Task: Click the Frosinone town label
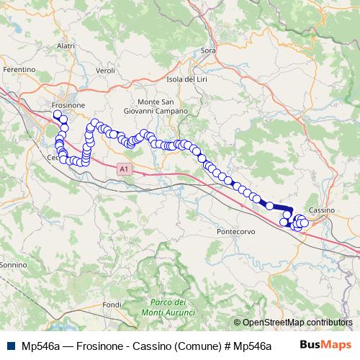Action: pos(69,105)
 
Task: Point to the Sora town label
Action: pos(209,50)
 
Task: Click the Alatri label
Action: pos(66,45)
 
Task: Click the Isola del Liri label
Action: pos(186,78)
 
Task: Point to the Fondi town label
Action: pos(112,305)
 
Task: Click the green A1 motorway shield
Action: pos(124,168)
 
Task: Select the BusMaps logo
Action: pos(324,346)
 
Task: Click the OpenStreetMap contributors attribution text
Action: pos(297,323)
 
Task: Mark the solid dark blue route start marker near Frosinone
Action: pos(57,113)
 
